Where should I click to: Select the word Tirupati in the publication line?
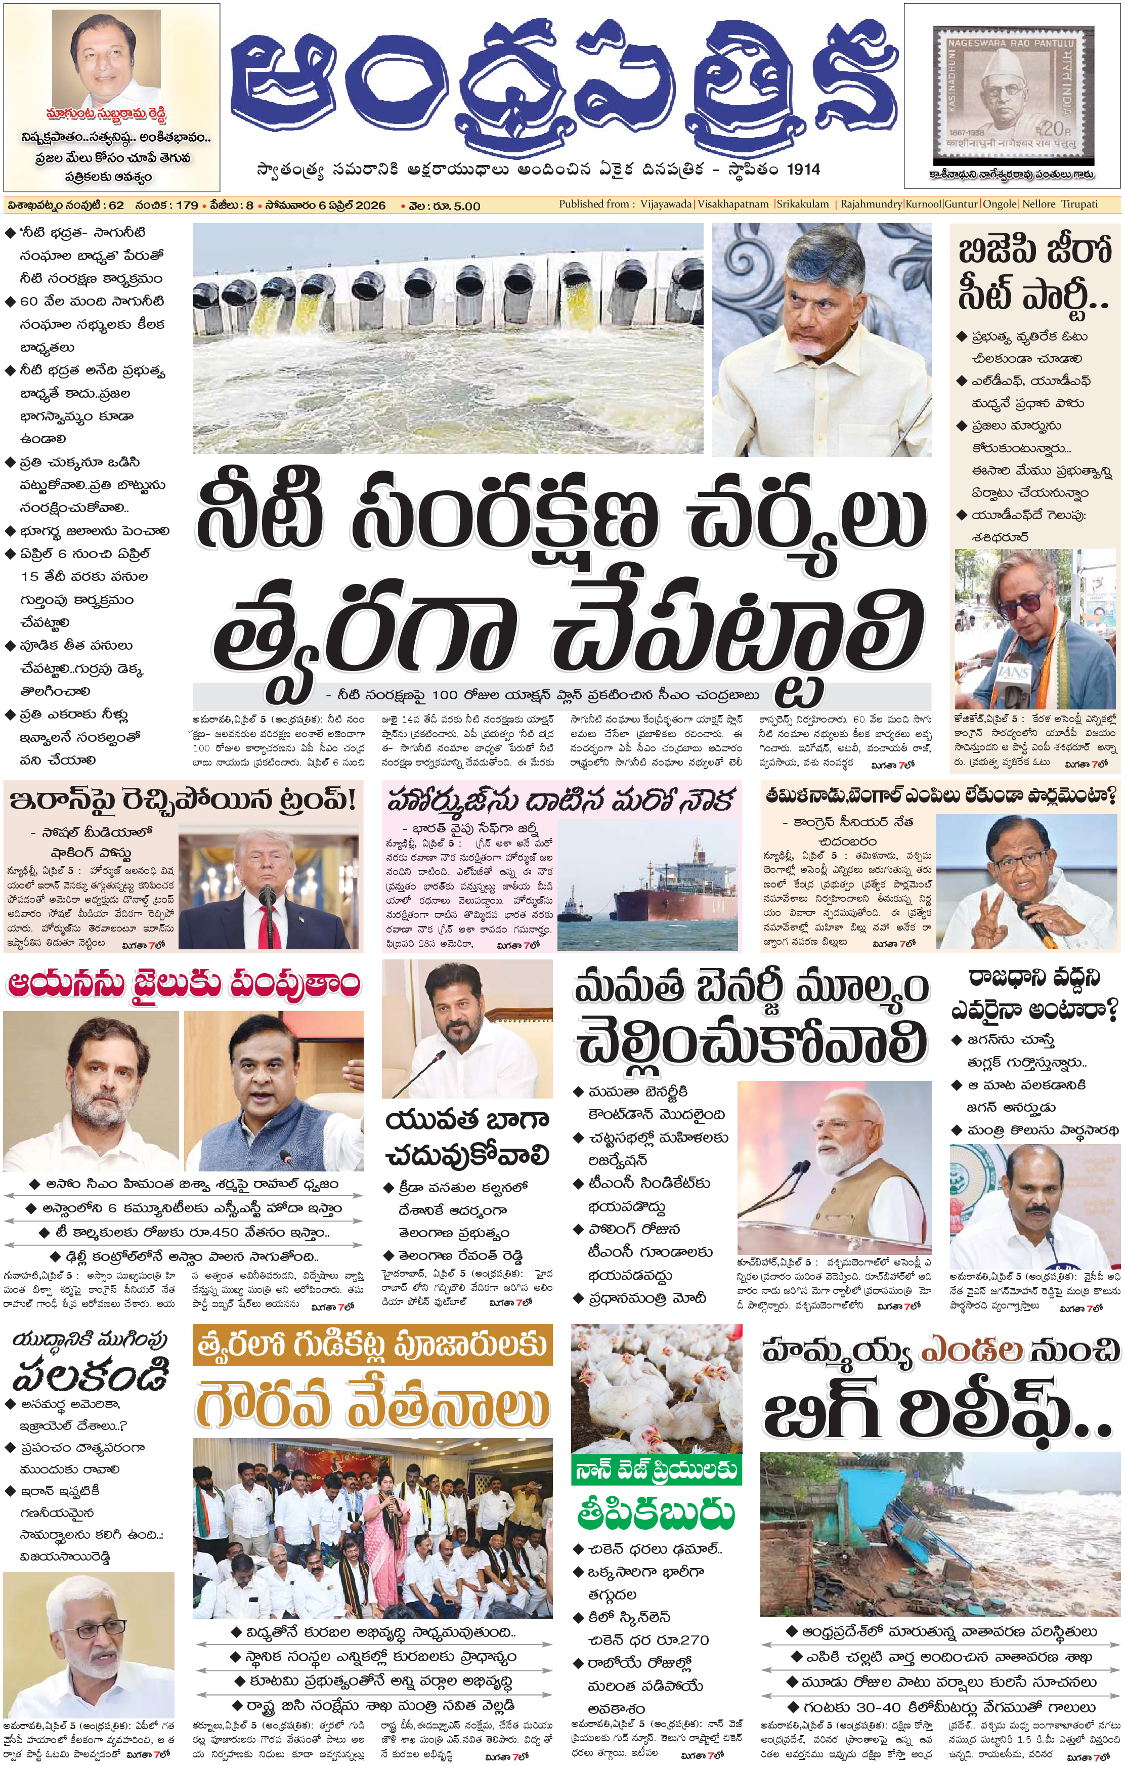coord(1079,204)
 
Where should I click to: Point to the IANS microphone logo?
coord(1016,671)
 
